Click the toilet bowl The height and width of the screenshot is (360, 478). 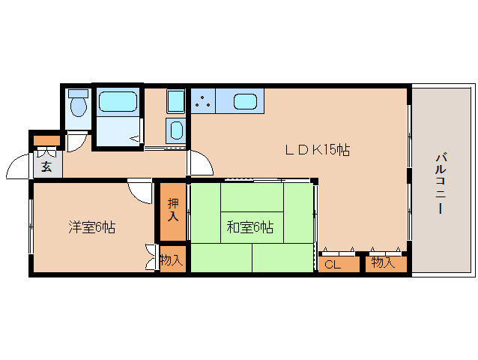pos(77,107)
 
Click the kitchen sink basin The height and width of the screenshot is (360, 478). pos(245,101)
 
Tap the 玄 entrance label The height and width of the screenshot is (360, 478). pos(46,166)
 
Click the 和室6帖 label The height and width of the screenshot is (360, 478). pos(249,227)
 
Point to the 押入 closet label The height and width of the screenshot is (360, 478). pos(172,210)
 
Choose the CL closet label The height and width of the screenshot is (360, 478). pos(333,263)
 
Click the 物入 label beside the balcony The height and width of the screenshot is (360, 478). pos(384,263)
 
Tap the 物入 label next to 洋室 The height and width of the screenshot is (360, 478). pos(172,261)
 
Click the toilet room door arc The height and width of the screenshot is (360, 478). pos(75,142)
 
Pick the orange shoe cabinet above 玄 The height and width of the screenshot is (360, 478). pos(46,141)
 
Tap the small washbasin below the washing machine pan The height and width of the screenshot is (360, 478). pos(175,130)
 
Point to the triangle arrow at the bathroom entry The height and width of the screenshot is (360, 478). pos(136,138)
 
